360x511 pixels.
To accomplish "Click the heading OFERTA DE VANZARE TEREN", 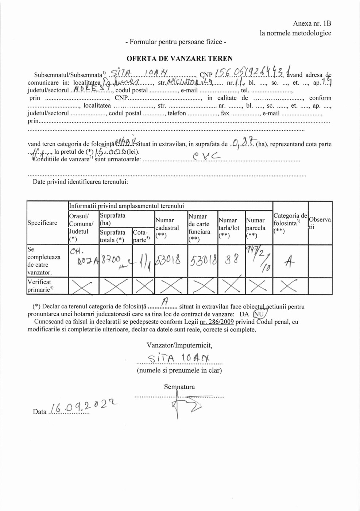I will point(179,58).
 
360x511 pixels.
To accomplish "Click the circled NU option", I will point(259,314).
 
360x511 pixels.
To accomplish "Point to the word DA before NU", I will point(244,314).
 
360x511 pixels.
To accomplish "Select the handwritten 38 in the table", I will point(232,260).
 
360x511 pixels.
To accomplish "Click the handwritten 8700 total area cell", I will point(111,260).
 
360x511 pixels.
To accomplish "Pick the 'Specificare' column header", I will point(42,223).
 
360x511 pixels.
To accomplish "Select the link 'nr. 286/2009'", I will point(217,322).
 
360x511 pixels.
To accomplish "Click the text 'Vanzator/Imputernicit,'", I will point(179,345).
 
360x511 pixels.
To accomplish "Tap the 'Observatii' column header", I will point(320,223).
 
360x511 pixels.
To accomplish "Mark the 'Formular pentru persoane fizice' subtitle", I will point(176,42).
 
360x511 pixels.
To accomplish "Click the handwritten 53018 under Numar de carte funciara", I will point(203,260).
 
